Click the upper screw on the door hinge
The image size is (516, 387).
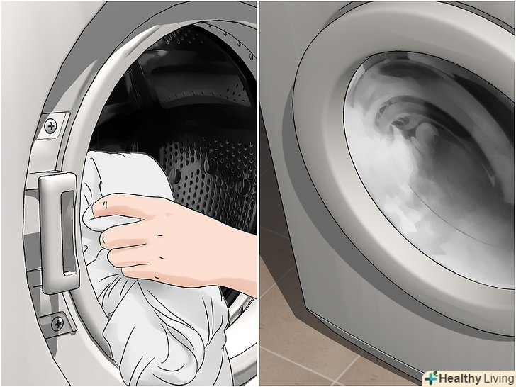50,126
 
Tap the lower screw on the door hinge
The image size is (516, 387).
58,324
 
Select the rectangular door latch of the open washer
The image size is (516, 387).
60,232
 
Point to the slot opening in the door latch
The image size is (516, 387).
69,232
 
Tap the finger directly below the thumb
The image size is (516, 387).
125,236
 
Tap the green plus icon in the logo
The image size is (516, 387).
431,378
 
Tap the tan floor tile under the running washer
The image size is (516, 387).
296,349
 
